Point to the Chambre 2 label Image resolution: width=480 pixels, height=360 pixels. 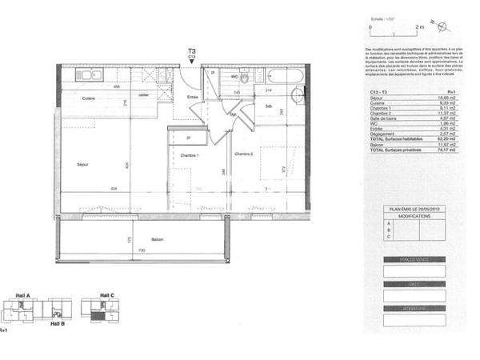point(243,154)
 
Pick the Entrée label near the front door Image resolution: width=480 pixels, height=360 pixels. point(193,97)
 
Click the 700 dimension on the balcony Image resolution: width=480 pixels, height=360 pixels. point(141,251)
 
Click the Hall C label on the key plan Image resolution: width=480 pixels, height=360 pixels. point(107,296)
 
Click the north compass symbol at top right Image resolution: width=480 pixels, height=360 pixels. point(433,25)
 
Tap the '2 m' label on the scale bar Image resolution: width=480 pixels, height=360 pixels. point(418,27)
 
